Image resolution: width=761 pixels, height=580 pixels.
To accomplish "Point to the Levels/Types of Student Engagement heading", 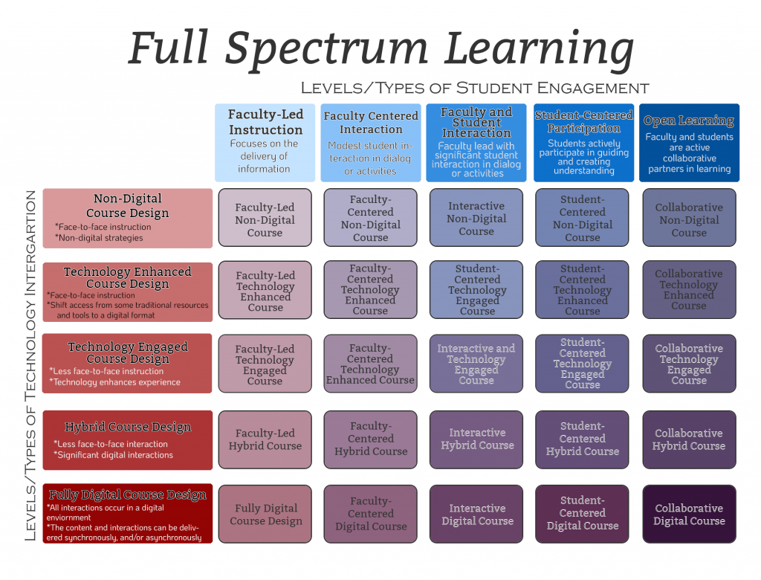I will pyautogui.click(x=475, y=88).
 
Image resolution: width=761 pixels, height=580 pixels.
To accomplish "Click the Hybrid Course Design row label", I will pyautogui.click(x=128, y=439).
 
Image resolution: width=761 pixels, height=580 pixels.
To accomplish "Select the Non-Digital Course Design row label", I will pyautogui.click(x=128, y=218).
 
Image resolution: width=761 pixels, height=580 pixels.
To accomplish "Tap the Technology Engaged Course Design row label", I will pyautogui.click(x=128, y=364).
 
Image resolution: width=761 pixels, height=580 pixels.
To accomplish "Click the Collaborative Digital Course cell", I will pyautogui.click(x=689, y=515).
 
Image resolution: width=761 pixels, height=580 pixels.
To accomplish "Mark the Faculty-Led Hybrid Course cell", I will pyautogui.click(x=265, y=439).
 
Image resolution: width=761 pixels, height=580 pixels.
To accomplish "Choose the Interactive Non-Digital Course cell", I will pyautogui.click(x=476, y=219).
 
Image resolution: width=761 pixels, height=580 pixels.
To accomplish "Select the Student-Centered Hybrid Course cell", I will pyautogui.click(x=583, y=439).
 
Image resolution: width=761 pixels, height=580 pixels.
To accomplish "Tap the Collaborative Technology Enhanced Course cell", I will pyautogui.click(x=689, y=290).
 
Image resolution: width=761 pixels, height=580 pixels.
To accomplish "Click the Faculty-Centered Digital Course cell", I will pyautogui.click(x=371, y=514).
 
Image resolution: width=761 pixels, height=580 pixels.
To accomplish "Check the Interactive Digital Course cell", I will pyautogui.click(x=477, y=515).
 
